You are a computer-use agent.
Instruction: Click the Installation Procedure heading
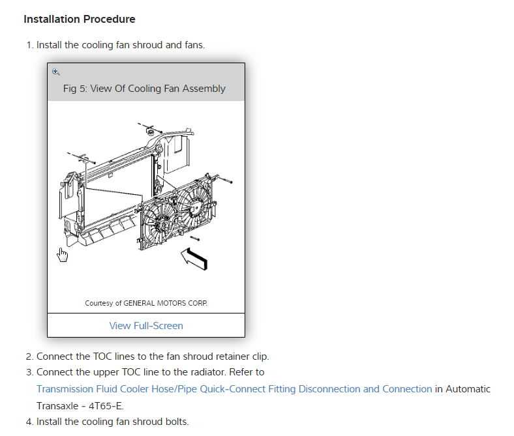[x=80, y=20]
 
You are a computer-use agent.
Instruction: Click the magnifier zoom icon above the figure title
[x=56, y=72]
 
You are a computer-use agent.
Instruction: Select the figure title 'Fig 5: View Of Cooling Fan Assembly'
[x=145, y=89]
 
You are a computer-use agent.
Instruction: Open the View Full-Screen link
[x=146, y=325]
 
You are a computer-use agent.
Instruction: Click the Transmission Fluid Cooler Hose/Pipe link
[x=234, y=389]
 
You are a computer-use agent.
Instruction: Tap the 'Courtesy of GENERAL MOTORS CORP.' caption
[x=146, y=303]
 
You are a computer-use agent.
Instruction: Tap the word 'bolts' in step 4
[x=176, y=422]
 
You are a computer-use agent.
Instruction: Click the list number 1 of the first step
[x=29, y=45]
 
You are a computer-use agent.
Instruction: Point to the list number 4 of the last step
[x=29, y=422]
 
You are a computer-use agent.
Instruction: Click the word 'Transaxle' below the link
[x=57, y=405]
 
